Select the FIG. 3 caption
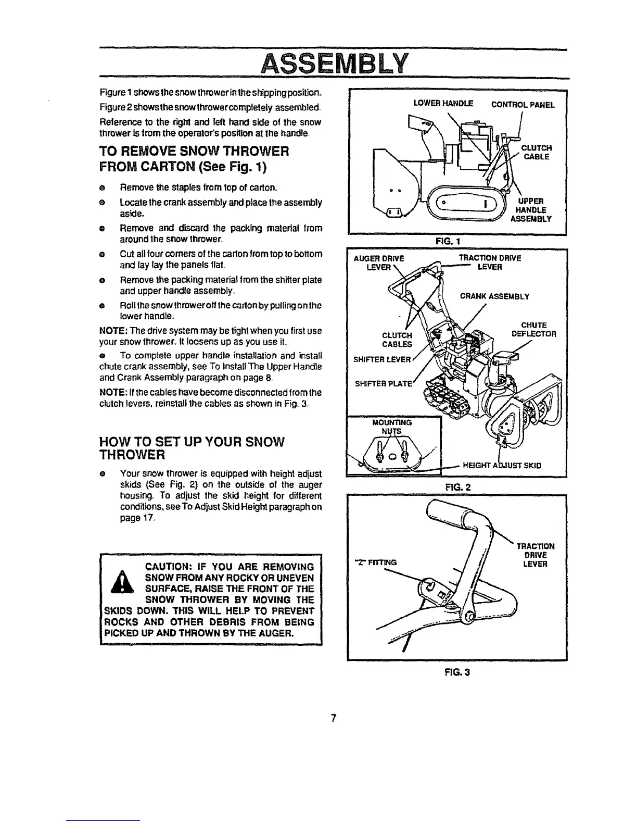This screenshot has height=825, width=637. click(x=458, y=672)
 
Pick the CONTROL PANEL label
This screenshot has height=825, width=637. click(x=523, y=105)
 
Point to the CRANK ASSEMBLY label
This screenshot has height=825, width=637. click(x=494, y=297)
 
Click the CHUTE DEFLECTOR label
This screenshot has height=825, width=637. click(x=533, y=330)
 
